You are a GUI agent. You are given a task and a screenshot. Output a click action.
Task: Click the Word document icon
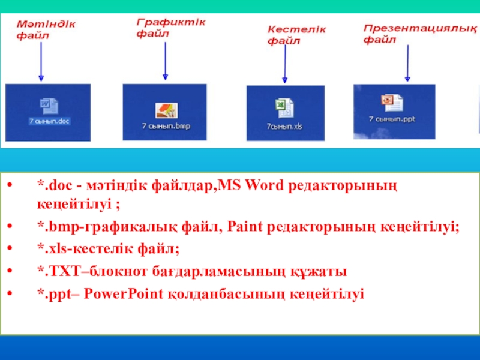[49, 106]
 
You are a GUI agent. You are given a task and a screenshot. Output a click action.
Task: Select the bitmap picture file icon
[166, 110]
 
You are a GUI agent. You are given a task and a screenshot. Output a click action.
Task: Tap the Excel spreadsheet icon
[284, 107]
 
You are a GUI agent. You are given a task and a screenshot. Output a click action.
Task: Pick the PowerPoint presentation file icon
[392, 103]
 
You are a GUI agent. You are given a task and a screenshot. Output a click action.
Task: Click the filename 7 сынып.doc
[49, 121]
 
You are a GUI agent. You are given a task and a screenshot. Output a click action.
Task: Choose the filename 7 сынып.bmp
[166, 126]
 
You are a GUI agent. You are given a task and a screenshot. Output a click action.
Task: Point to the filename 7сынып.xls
[284, 126]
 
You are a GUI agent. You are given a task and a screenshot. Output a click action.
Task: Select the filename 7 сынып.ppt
[392, 119]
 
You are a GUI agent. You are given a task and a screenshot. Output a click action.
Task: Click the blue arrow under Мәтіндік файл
[41, 62]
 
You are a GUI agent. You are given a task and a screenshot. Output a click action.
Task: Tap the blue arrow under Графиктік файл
[166, 61]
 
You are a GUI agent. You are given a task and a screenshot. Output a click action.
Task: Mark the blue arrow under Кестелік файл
[284, 64]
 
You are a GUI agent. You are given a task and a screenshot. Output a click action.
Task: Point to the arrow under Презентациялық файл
[407, 63]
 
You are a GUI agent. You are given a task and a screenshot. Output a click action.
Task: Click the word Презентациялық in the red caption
[420, 28]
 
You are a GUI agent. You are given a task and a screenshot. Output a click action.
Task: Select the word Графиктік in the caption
[171, 22]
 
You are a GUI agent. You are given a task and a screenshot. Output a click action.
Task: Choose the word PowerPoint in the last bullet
[124, 293]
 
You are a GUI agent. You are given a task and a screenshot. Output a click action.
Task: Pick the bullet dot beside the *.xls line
[10, 248]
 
